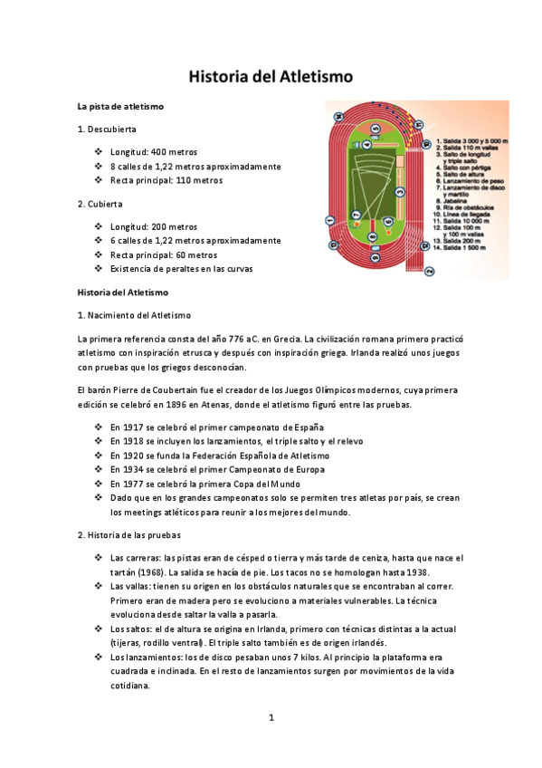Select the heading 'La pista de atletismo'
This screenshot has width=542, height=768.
tap(120, 107)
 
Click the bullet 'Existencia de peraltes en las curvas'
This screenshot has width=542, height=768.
tap(181, 269)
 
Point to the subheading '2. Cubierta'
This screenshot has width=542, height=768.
tap(100, 204)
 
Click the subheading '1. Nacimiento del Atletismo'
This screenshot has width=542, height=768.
tap(135, 315)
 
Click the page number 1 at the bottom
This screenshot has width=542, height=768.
tap(271, 718)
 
